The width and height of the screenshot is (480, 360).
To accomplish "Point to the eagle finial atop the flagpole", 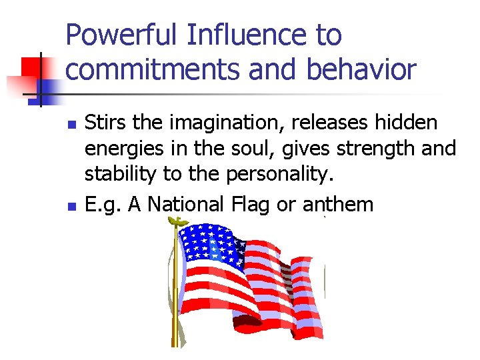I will tap(176, 221).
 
